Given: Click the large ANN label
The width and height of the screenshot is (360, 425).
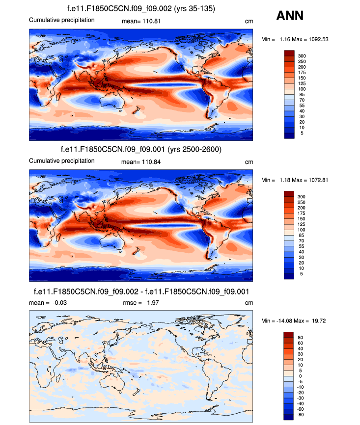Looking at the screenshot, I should click(290, 16).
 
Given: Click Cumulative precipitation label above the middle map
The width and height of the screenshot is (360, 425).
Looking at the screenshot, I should click(61, 161).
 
